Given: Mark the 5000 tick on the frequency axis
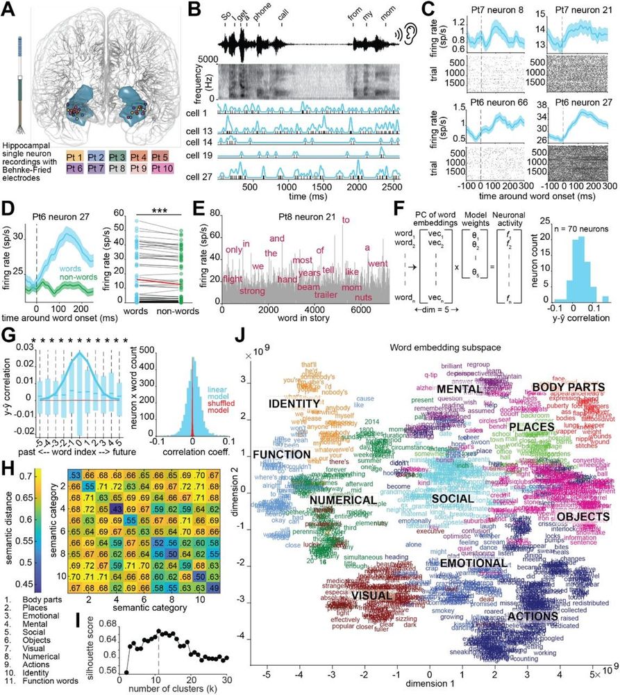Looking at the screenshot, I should [x=209, y=60].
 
